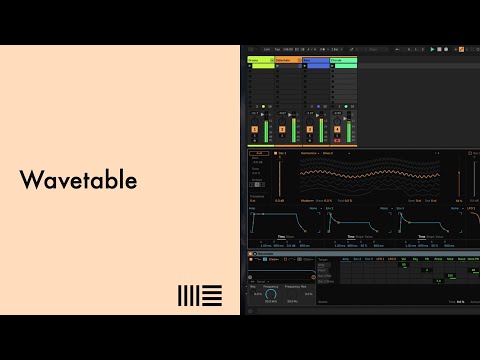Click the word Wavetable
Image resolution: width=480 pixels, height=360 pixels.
pyautogui.click(x=78, y=181)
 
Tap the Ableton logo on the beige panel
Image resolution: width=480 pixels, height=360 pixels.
pyautogui.click(x=197, y=295)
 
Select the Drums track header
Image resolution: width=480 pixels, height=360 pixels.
pyautogui.click(x=260, y=61)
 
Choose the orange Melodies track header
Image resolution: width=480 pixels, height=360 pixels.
pyautogui.click(x=287, y=61)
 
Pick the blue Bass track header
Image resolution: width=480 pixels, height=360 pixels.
pyautogui.click(x=315, y=61)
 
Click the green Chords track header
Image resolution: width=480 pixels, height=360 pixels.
pyautogui.click(x=343, y=61)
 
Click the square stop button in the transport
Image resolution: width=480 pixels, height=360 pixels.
pyautogui.click(x=441, y=48)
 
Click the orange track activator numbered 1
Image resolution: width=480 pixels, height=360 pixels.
pyautogui.click(x=255, y=129)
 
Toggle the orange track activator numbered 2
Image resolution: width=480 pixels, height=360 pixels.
pyautogui.click(x=282, y=129)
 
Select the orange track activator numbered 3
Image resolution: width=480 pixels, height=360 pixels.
pyautogui.click(x=310, y=129)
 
